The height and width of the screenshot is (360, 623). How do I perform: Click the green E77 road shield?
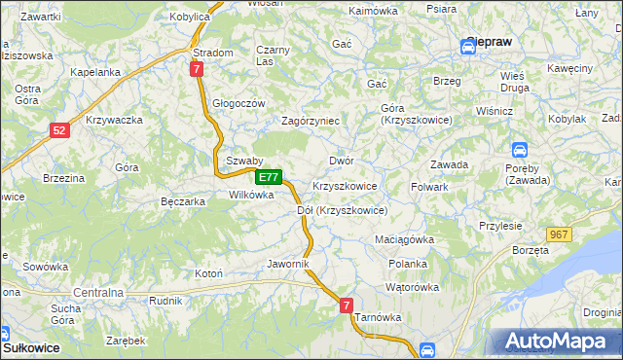click(x=270, y=178)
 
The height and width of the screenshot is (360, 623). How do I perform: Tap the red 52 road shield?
click(x=60, y=129)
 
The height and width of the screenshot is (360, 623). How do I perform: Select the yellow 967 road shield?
click(x=558, y=234)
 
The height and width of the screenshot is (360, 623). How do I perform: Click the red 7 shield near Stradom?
click(x=197, y=69)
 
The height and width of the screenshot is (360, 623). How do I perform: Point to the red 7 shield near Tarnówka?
click(x=348, y=306)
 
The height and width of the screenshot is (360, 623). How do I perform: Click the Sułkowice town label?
click(x=31, y=346)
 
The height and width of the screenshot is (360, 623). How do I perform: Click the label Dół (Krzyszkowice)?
click(x=342, y=210)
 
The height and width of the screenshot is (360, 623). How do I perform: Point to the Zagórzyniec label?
click(x=310, y=121)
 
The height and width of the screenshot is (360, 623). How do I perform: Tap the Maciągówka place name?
click(x=404, y=239)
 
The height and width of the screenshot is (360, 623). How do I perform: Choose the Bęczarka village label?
click(x=182, y=202)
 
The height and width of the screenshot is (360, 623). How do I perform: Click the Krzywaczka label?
click(x=115, y=120)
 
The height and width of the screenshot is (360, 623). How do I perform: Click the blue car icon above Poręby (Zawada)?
click(x=520, y=150)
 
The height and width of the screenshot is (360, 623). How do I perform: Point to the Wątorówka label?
click(x=412, y=287)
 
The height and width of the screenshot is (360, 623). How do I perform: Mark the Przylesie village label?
click(x=500, y=225)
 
